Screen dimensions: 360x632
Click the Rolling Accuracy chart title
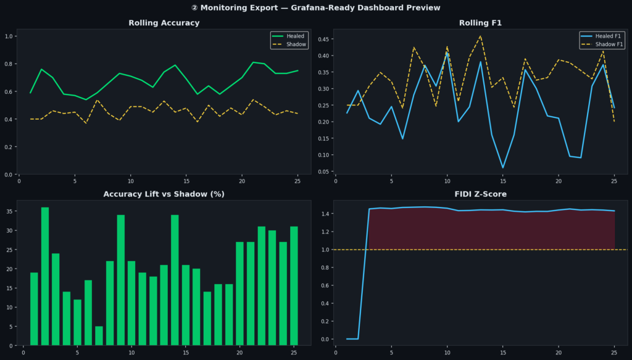[164, 23]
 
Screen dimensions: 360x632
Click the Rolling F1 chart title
[480, 23]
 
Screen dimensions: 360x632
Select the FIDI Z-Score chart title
[480, 194]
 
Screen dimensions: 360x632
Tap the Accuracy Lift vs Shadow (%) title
[164, 194]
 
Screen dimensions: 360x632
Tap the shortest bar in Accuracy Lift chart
[99, 335]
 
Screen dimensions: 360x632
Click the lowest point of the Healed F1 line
[503, 167]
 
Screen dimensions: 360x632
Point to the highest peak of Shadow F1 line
[481, 36]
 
